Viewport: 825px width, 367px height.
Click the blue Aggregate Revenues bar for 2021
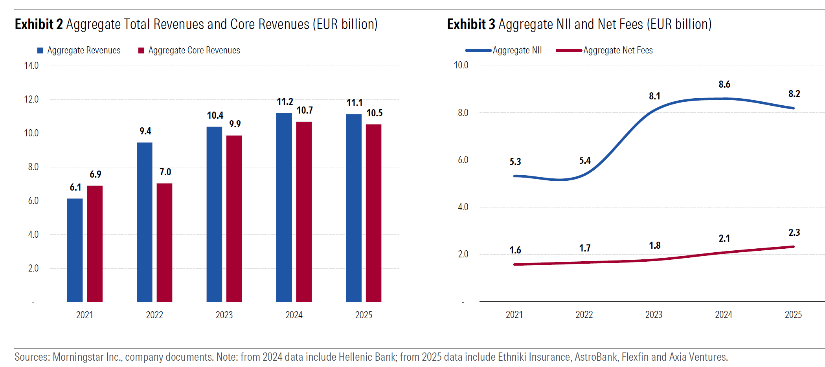click(x=75, y=250)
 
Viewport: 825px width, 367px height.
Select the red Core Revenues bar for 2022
click(x=164, y=242)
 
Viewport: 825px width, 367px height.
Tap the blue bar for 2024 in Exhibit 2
click(x=284, y=207)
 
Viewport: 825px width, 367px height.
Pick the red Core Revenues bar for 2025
click(x=373, y=213)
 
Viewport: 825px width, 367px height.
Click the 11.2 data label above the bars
click(x=285, y=102)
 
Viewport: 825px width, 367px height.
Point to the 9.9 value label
click(x=235, y=124)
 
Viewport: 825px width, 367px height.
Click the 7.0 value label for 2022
click(x=165, y=172)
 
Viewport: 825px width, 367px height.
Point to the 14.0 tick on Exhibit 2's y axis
click(x=31, y=66)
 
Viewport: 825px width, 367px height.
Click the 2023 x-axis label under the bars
click(x=224, y=315)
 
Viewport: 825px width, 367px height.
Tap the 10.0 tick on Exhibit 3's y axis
click(x=461, y=65)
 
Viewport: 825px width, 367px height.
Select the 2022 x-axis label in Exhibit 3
click(x=584, y=315)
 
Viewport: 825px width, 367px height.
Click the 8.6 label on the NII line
click(x=724, y=84)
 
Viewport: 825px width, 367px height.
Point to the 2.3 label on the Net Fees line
click(x=794, y=233)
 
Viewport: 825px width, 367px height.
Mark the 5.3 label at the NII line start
click(x=515, y=162)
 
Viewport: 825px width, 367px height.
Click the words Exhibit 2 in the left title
click(x=39, y=24)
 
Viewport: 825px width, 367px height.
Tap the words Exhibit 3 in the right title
click(x=471, y=24)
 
